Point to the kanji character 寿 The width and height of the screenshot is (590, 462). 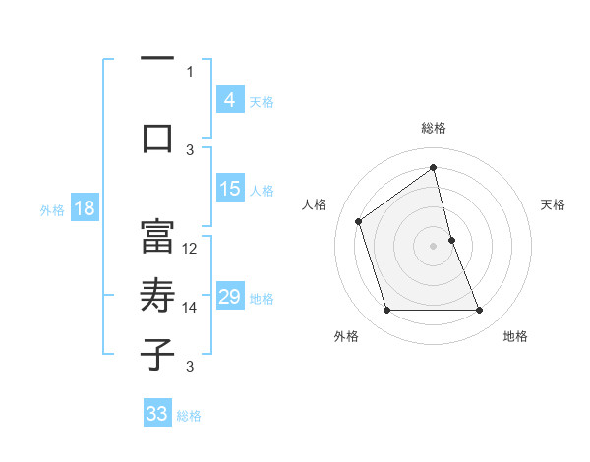(x=157, y=296)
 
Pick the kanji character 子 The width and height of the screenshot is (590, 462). (x=157, y=355)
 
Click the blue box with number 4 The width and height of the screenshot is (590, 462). (x=229, y=100)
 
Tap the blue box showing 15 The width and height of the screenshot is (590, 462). (x=229, y=189)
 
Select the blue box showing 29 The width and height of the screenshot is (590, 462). (x=229, y=297)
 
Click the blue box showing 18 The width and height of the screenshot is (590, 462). (x=84, y=208)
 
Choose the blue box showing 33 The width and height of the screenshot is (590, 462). (x=157, y=414)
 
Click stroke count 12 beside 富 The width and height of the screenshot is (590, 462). (x=190, y=249)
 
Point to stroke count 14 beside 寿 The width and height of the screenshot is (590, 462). (x=190, y=308)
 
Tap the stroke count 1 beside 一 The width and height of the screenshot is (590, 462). (x=190, y=71)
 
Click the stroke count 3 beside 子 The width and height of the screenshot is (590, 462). (x=190, y=367)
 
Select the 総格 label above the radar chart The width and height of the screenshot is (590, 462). (x=433, y=128)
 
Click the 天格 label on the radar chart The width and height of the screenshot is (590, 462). (x=554, y=204)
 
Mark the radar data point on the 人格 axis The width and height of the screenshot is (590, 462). (x=359, y=221)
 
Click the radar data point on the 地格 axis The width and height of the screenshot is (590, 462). (x=480, y=311)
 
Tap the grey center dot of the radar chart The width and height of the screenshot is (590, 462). (x=433, y=245)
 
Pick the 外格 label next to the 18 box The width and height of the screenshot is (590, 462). (x=51, y=209)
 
